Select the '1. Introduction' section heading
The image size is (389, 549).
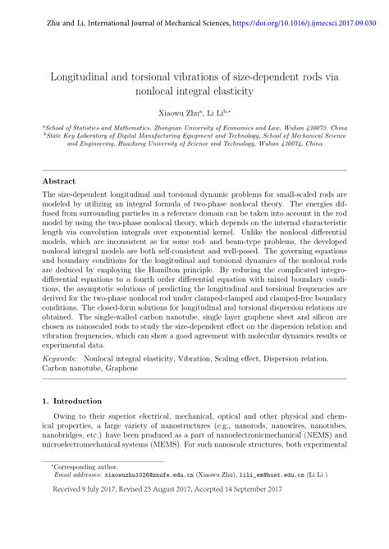71,424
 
